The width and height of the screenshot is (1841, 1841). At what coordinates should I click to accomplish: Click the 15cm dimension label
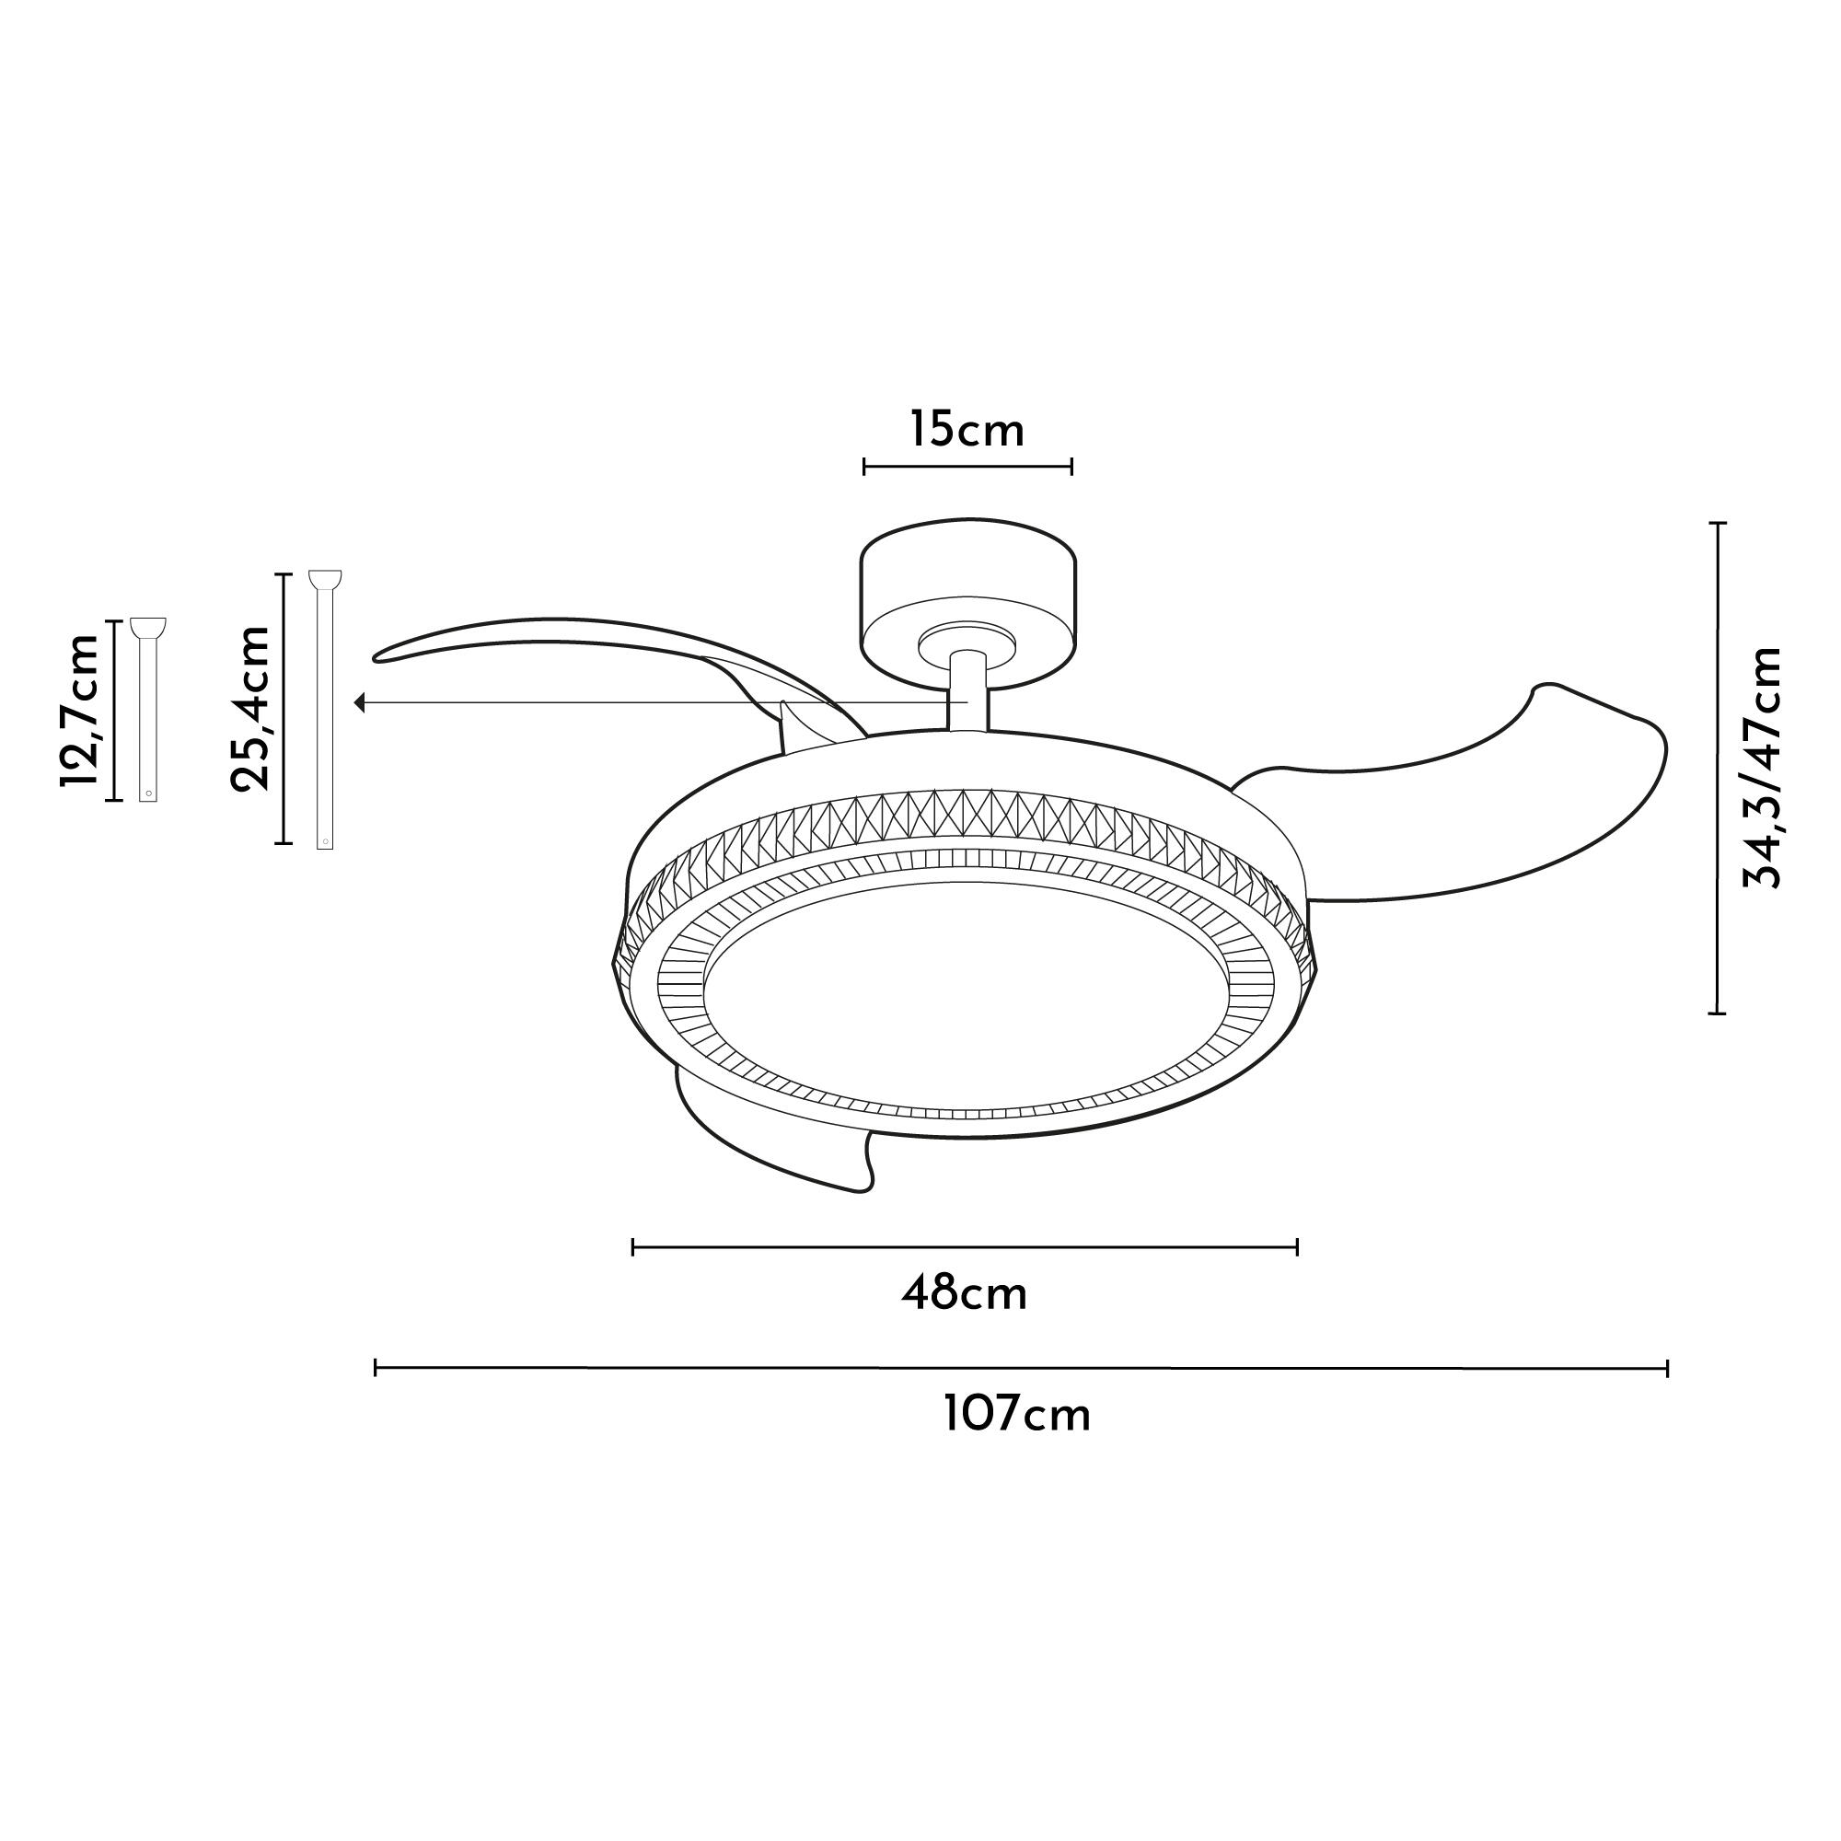point(967,430)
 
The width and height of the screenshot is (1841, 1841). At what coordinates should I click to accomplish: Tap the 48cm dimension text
point(965,1294)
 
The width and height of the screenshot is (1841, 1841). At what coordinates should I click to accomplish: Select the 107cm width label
point(1017,1414)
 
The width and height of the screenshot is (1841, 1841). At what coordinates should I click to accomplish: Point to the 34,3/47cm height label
point(1760,767)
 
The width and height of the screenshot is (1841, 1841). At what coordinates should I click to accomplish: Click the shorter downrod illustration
point(147,710)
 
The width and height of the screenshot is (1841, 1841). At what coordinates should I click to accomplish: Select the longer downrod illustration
point(325,710)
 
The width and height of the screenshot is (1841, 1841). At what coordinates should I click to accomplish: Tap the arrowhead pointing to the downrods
point(360,702)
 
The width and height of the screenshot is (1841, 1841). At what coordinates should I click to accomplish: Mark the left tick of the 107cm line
point(376,1369)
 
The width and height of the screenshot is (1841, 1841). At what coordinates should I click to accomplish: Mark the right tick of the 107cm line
point(1667,1369)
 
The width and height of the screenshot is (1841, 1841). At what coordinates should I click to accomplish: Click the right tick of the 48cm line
point(1297,1247)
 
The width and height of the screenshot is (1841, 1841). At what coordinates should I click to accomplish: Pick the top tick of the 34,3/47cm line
point(1717,524)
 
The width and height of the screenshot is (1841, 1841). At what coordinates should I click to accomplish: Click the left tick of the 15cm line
point(864,466)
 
